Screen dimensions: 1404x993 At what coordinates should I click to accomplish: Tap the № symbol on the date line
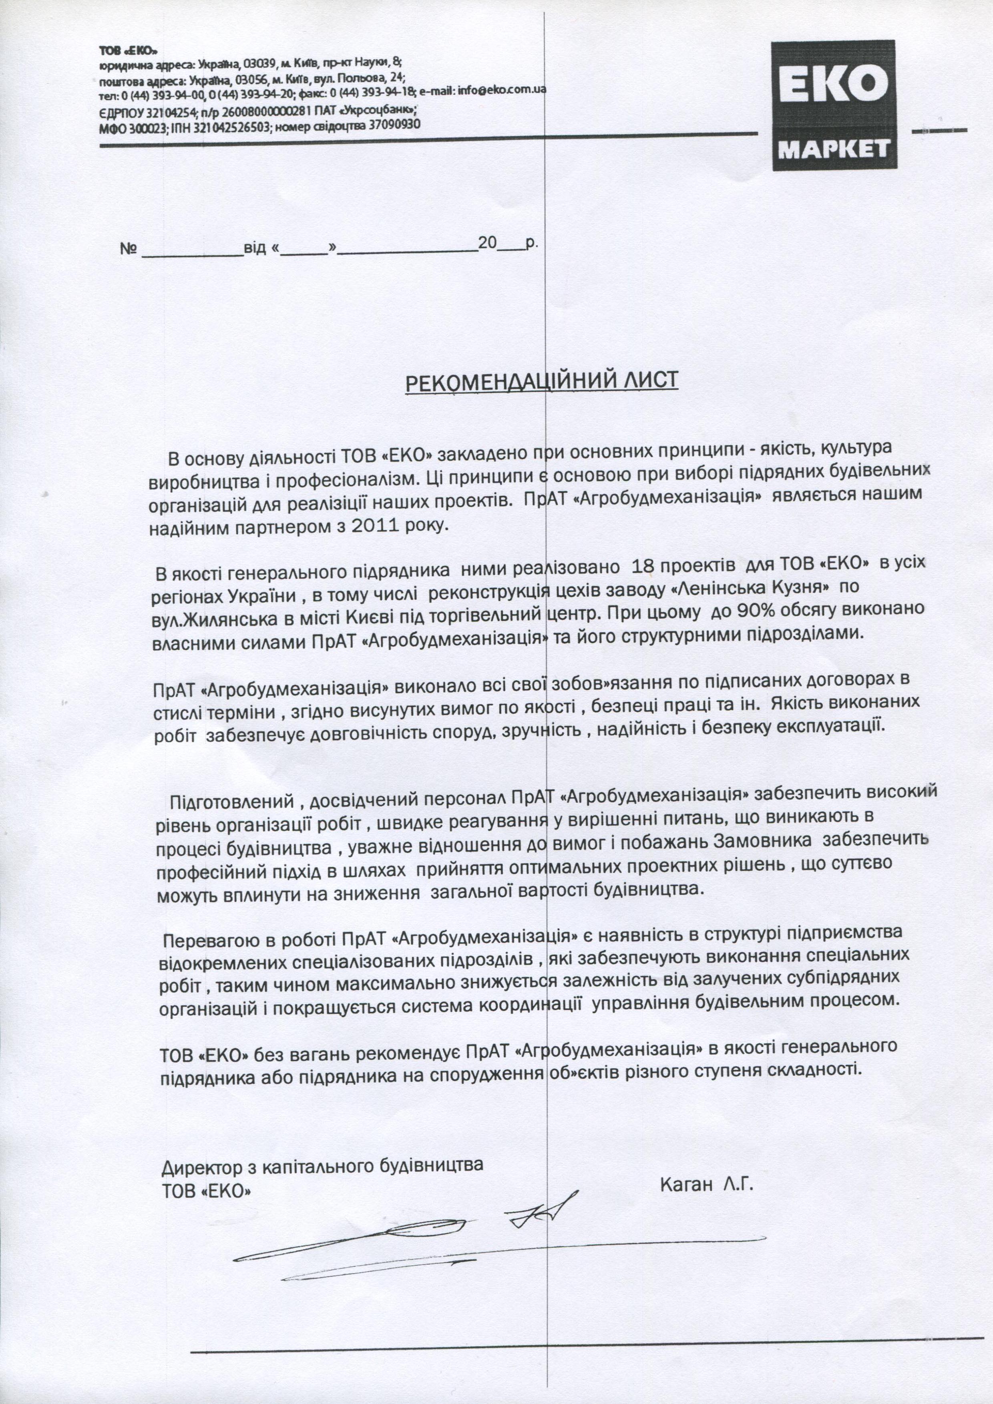pos(128,249)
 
